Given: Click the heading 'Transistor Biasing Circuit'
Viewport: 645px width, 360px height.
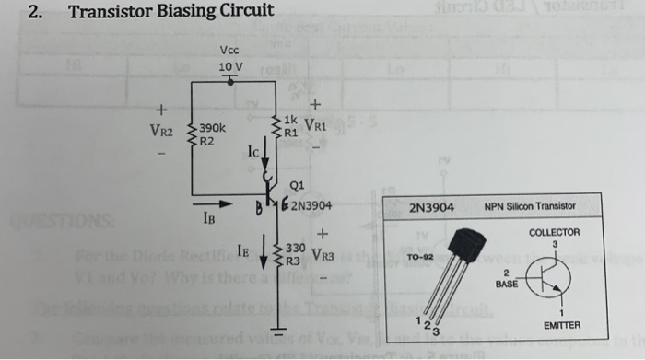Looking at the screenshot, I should pyautogui.click(x=171, y=12).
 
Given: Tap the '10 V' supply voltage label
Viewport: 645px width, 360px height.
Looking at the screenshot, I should pyautogui.click(x=230, y=67).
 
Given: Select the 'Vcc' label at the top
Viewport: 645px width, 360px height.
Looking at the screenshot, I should pyautogui.click(x=230, y=51).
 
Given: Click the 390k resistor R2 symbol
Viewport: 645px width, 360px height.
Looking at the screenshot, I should pyautogui.click(x=193, y=135).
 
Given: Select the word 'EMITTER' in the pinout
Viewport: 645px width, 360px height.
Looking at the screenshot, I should pyautogui.click(x=561, y=326).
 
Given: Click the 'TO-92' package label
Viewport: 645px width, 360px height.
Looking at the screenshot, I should pyautogui.click(x=420, y=257).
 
